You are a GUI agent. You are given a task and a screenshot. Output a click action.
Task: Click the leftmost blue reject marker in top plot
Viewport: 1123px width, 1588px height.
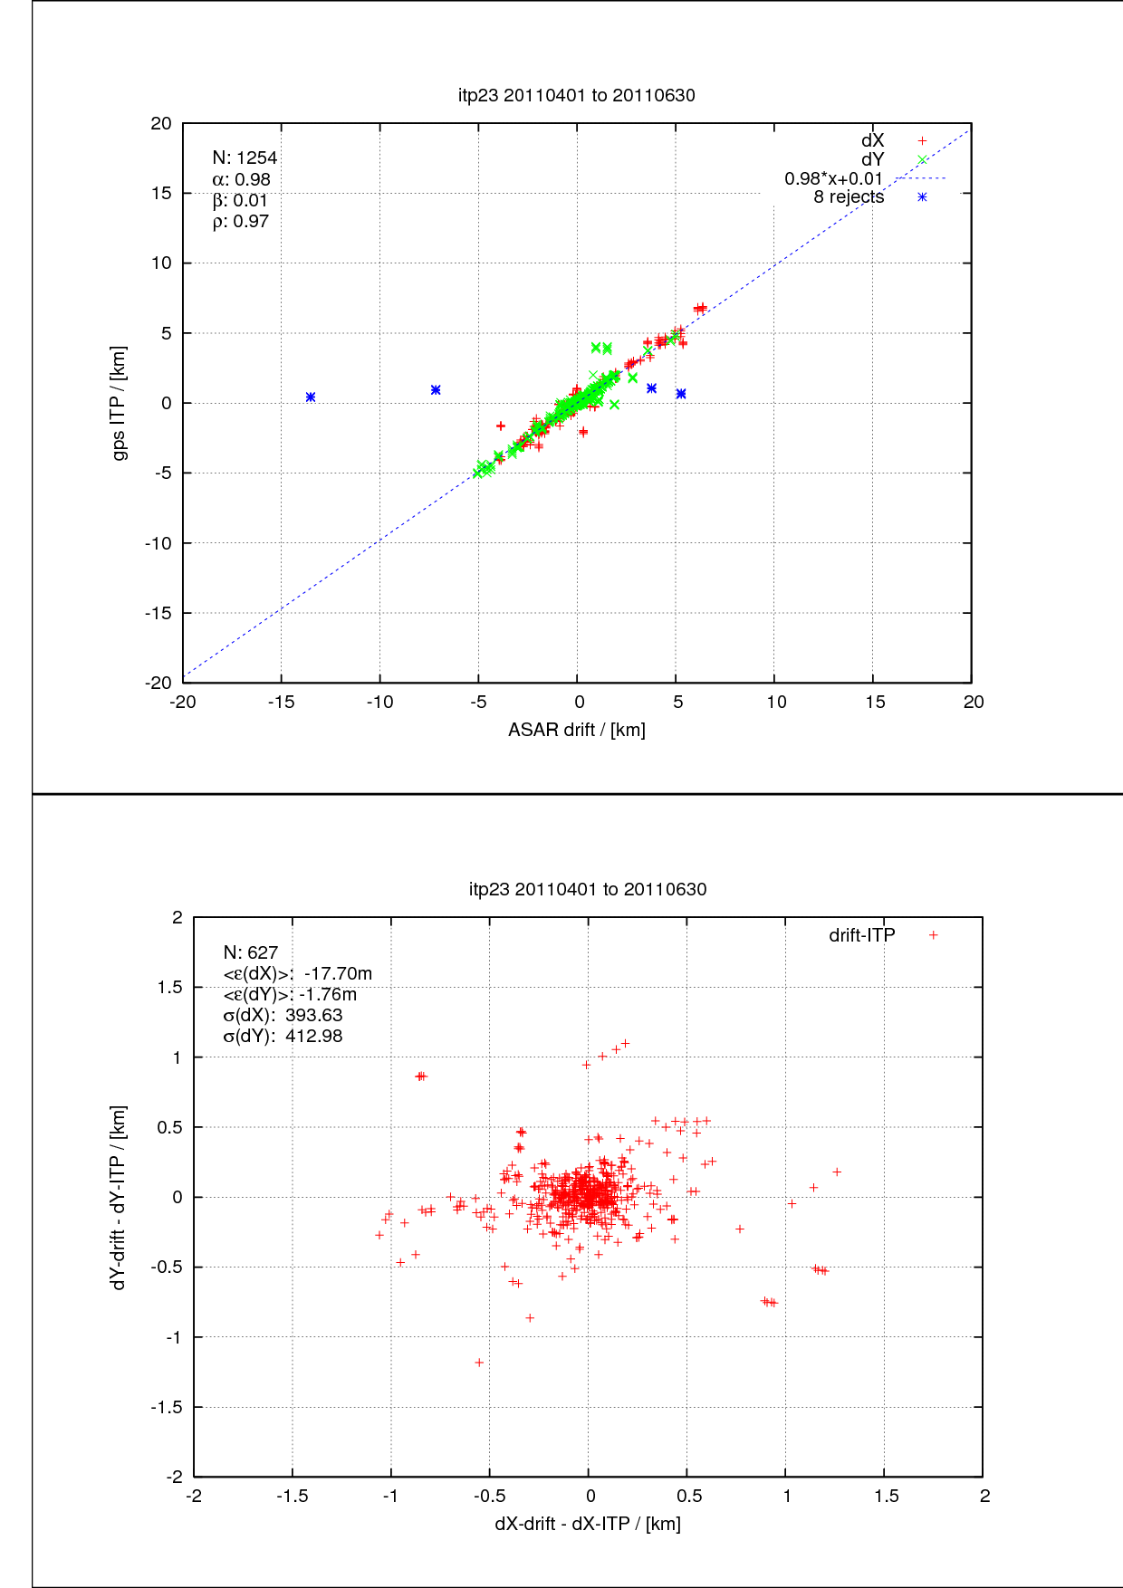[311, 397]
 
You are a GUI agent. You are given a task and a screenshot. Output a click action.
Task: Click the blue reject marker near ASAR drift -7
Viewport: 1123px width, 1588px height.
[436, 390]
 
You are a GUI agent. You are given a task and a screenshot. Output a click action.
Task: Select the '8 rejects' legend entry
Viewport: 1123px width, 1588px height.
[849, 197]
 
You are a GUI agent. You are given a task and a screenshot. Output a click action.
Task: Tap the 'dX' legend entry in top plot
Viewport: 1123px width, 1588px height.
[873, 140]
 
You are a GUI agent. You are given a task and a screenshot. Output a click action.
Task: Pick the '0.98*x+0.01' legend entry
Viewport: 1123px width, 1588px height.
[833, 178]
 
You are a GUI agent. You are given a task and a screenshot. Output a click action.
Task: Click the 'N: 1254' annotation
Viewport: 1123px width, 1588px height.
[245, 158]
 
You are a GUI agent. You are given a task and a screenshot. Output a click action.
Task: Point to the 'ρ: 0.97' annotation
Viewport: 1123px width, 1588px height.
[240, 222]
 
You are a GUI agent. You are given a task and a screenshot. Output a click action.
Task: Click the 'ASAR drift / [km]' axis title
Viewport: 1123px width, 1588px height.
[577, 730]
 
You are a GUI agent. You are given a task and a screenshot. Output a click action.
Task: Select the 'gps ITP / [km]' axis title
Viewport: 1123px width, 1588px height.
[119, 403]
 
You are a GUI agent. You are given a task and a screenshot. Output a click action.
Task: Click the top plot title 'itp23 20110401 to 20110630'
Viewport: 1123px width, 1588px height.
[577, 95]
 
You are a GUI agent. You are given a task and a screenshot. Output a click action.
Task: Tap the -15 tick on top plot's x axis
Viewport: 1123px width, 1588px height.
[281, 703]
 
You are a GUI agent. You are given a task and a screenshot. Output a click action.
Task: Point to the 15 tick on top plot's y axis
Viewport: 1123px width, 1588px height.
[161, 193]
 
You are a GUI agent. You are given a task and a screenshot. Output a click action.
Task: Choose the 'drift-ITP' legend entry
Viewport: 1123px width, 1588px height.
[862, 935]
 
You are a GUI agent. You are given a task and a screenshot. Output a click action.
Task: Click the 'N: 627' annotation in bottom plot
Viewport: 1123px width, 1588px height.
[251, 952]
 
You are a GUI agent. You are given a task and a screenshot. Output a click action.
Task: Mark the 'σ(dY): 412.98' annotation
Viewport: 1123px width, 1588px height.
[283, 1037]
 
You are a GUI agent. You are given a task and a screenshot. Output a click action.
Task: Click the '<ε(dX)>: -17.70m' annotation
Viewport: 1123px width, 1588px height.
[297, 973]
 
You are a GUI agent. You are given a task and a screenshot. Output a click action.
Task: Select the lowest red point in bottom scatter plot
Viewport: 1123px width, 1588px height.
[479, 1363]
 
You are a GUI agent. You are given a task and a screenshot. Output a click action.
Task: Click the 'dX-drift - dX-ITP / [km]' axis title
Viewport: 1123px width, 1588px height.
[588, 1524]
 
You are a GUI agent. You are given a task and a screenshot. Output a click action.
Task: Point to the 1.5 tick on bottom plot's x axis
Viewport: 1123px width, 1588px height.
[887, 1497]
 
